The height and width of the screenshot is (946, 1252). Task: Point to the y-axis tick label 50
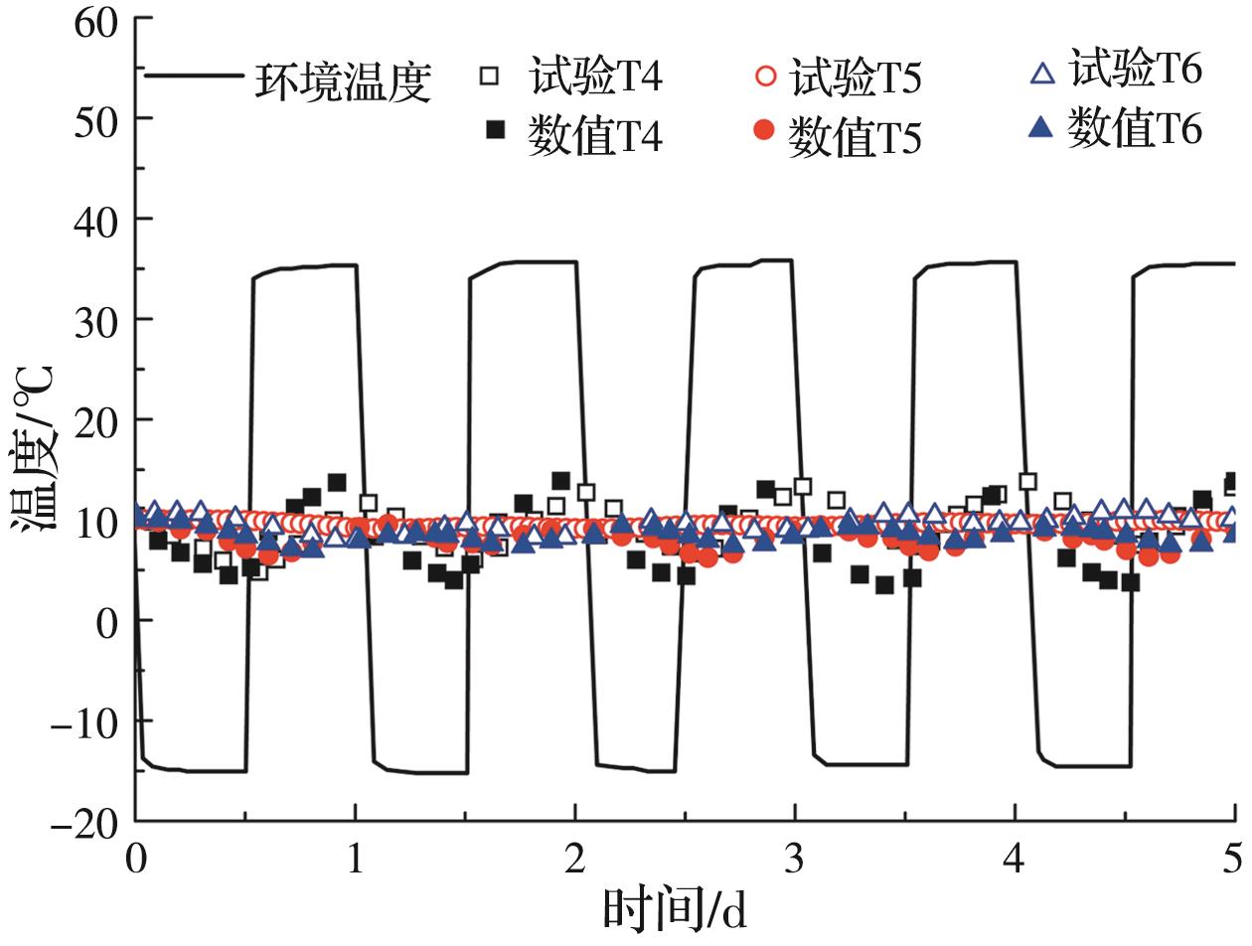[x=97, y=119]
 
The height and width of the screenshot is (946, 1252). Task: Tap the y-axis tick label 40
[x=97, y=220]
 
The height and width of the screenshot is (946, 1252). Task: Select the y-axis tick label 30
[x=97, y=320]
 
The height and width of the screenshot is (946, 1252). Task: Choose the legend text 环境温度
[x=344, y=83]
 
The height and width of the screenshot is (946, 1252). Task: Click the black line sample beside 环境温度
[x=194, y=75]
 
